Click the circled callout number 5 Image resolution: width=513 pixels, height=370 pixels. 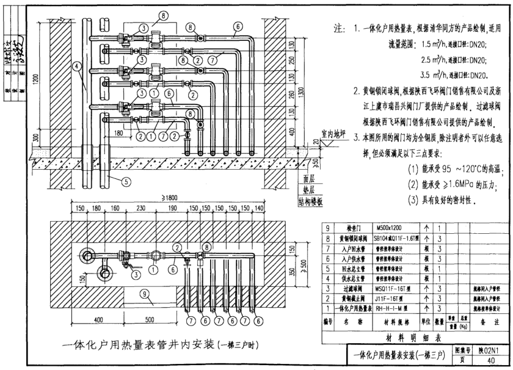pyautogui.click(x=125, y=181)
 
